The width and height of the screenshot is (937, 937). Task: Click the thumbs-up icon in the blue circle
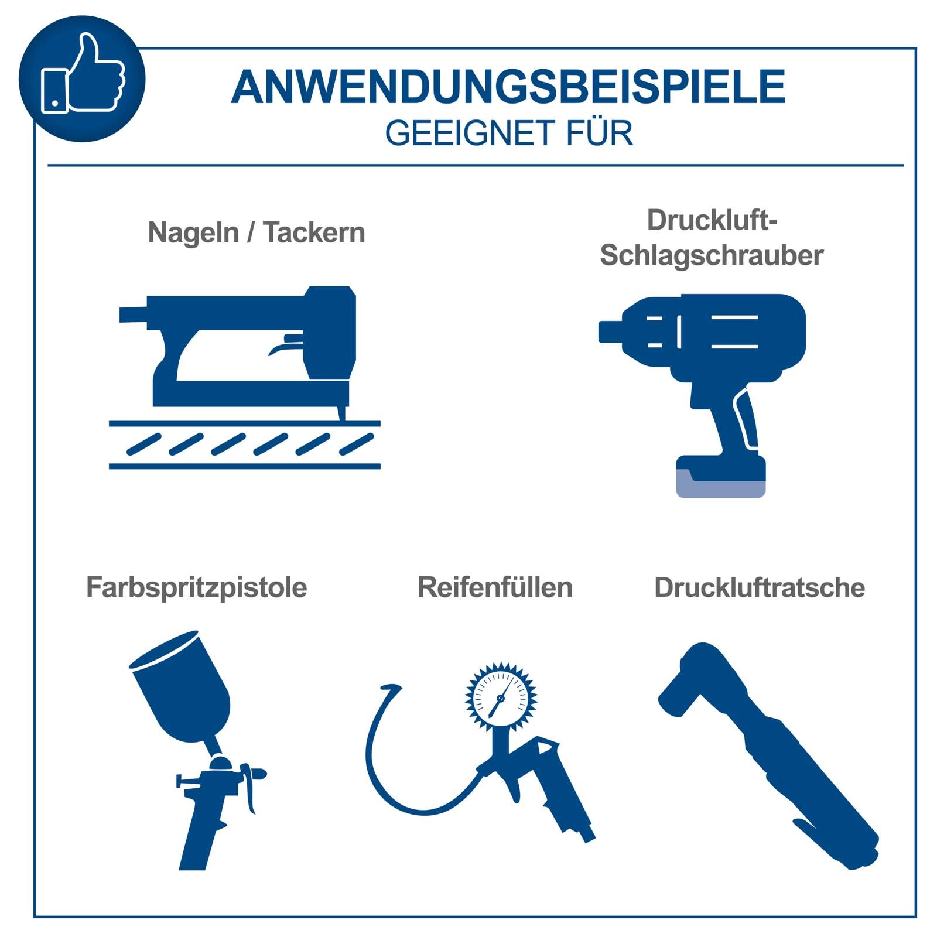tap(83, 73)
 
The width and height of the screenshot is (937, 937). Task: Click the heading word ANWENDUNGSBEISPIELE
tap(508, 87)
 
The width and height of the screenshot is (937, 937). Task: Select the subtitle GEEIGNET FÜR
tap(509, 133)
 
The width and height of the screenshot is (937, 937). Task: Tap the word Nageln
tap(193, 233)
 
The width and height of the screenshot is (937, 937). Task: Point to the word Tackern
tap(314, 232)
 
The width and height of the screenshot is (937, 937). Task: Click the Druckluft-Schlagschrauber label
tap(712, 237)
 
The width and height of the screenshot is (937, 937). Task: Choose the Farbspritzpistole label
tap(197, 588)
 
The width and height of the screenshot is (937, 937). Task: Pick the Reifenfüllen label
tap(495, 587)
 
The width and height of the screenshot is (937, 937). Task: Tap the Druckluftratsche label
tap(760, 587)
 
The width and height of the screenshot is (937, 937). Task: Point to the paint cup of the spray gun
tap(182, 685)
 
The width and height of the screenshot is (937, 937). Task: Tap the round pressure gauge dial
tap(501, 696)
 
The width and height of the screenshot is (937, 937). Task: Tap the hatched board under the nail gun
tap(245, 444)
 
